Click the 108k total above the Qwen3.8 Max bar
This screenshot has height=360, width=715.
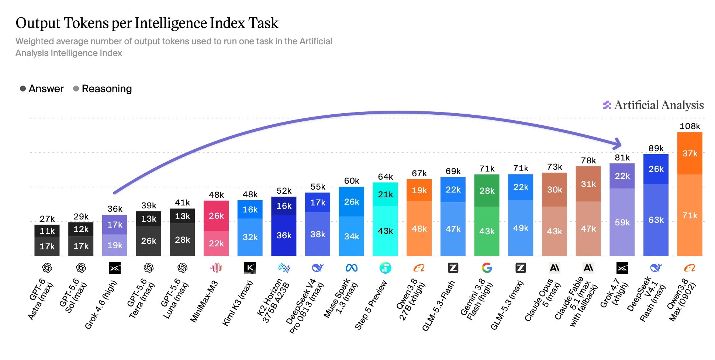[690, 126]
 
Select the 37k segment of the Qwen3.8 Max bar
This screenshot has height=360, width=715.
[690, 153]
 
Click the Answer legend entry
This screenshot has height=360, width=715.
[42, 89]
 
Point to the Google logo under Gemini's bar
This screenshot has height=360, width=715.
[487, 268]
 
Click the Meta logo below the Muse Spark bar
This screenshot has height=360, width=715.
[352, 268]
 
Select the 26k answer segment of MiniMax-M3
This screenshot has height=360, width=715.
[216, 216]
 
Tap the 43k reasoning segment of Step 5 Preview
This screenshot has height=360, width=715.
[385, 231]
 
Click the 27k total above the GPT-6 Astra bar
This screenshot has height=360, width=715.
[47, 219]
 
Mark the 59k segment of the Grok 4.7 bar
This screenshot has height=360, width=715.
[622, 222]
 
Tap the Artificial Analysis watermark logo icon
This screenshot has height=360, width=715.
[607, 105]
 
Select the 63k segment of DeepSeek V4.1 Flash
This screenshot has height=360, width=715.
[656, 220]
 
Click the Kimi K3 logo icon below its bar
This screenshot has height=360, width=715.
[250, 268]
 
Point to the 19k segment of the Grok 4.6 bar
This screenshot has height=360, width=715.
[115, 245]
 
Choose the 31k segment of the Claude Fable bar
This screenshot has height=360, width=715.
[588, 184]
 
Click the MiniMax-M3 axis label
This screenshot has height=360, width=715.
[204, 302]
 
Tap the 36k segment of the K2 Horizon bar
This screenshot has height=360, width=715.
[284, 235]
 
